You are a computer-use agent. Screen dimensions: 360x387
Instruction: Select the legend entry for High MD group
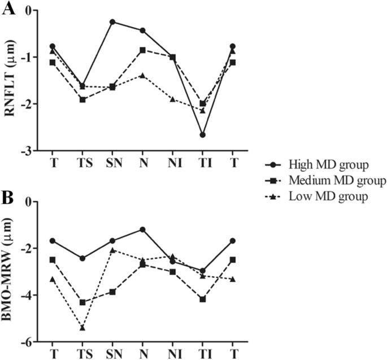click(320, 164)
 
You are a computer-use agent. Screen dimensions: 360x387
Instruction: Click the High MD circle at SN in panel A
click(112, 22)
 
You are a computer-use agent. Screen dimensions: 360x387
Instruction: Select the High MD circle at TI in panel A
click(202, 135)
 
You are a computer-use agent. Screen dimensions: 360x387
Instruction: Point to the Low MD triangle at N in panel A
click(142, 76)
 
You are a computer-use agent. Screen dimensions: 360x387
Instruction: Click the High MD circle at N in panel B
click(142, 229)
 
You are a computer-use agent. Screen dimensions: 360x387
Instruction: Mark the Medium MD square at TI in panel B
click(202, 299)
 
